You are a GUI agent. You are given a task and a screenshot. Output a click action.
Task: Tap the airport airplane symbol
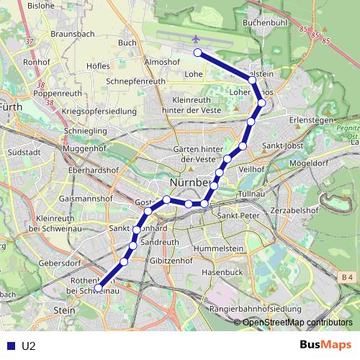click(196, 38)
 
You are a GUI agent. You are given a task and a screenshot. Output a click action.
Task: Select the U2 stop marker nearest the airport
click(197, 52)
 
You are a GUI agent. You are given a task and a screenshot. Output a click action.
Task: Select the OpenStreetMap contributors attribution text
click(297, 323)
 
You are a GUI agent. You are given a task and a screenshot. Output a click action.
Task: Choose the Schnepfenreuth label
click(135, 82)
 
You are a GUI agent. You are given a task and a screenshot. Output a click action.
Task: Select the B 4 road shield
click(348, 277)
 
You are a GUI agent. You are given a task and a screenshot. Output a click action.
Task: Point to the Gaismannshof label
click(85, 197)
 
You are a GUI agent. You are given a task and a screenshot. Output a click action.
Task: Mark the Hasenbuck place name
click(222, 273)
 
